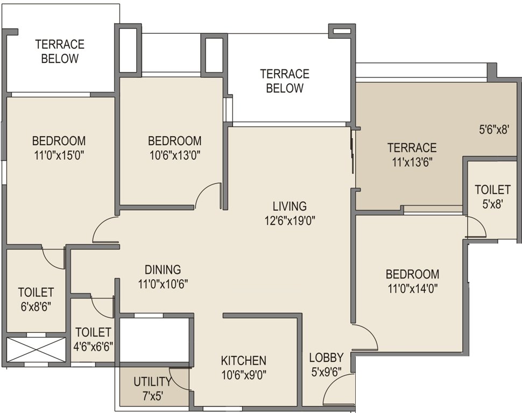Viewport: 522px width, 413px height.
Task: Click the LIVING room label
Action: click(x=289, y=206)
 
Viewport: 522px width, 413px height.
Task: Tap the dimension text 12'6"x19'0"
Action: click(x=289, y=219)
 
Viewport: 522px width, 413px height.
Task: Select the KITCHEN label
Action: click(x=244, y=360)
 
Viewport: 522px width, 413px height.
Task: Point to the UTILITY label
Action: click(x=152, y=382)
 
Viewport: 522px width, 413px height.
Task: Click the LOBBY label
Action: click(x=326, y=357)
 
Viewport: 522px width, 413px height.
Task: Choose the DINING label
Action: click(x=163, y=269)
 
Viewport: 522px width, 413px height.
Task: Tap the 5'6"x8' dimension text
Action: click(x=494, y=129)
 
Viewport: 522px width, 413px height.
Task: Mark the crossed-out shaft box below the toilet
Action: click(x=36, y=350)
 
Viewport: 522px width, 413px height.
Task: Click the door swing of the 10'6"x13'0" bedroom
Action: click(x=209, y=196)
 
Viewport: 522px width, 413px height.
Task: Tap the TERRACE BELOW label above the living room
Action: click(x=285, y=81)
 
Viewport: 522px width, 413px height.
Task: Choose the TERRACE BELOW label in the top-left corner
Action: click(x=60, y=51)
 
